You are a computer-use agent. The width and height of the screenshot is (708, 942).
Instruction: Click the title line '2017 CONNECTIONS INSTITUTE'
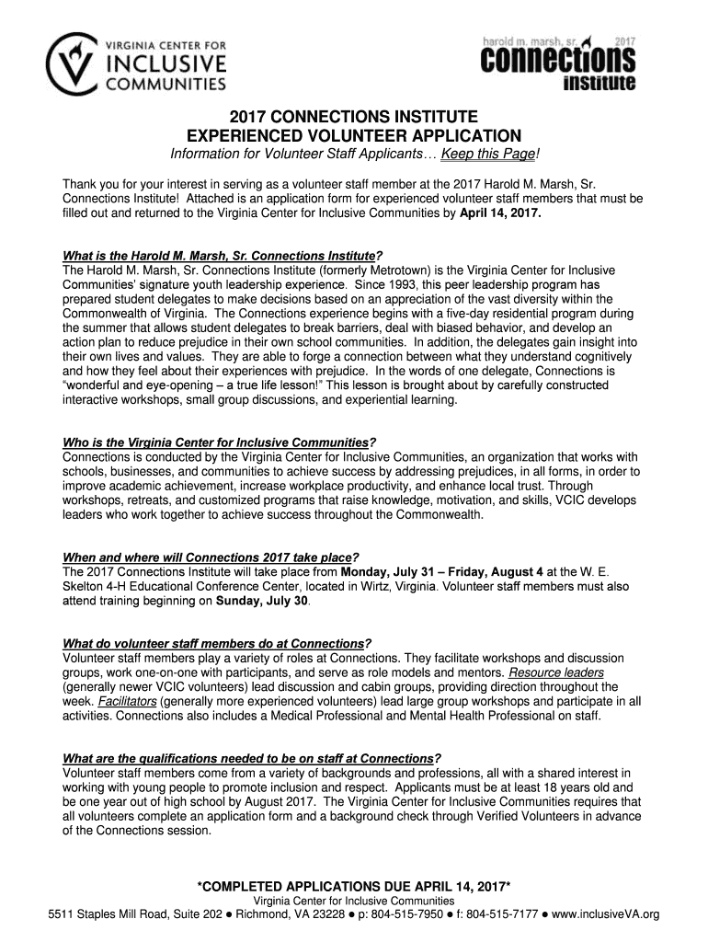(x=353, y=118)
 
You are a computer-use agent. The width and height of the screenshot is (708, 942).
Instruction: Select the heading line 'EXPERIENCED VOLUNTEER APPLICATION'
(x=353, y=135)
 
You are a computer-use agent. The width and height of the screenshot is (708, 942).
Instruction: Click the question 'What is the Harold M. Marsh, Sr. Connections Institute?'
(x=222, y=255)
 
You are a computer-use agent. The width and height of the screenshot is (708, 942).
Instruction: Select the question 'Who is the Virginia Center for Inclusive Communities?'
(x=219, y=442)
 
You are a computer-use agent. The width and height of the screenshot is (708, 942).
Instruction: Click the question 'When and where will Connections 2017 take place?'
(x=210, y=557)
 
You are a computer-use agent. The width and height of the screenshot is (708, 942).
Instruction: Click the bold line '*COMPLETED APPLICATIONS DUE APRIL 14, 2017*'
(x=354, y=886)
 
